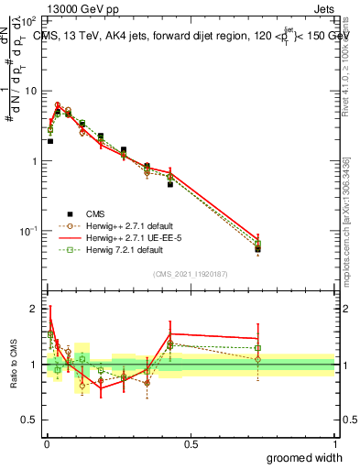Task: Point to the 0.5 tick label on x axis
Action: pos(191,443)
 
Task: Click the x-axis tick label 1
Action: pos(335,443)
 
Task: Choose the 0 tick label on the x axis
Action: pos(47,443)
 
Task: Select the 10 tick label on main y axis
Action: pos(31,91)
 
